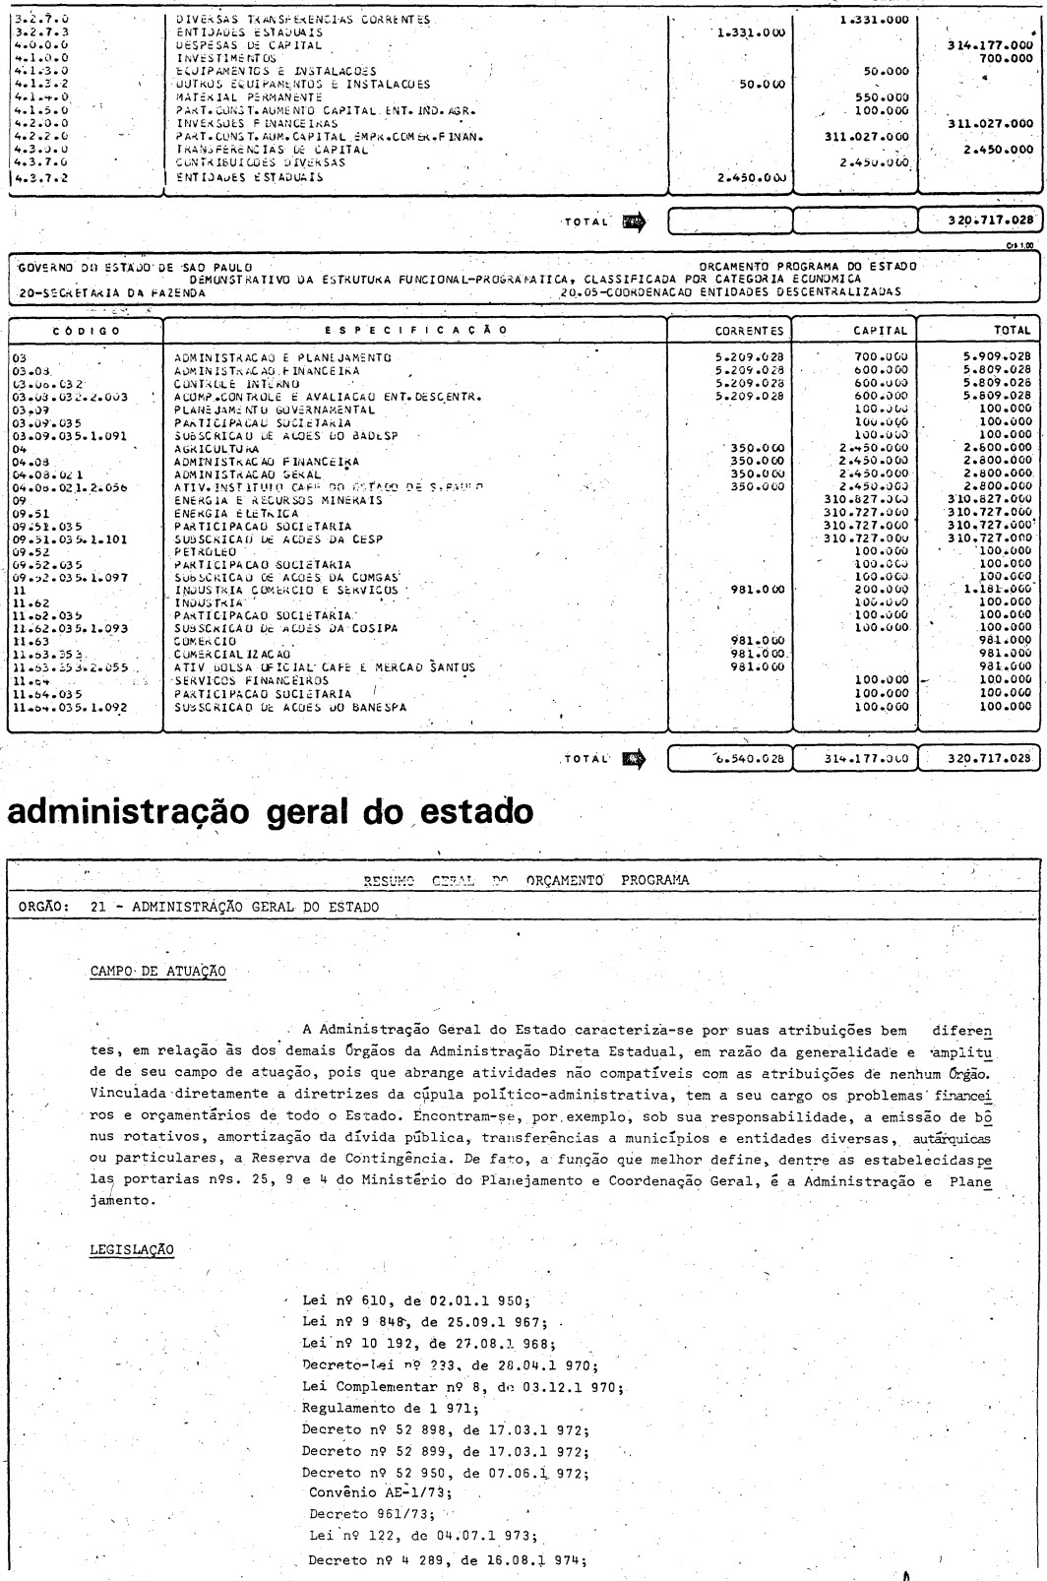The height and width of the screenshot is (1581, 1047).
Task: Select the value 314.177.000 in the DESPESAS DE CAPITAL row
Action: pyautogui.click(x=995, y=45)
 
